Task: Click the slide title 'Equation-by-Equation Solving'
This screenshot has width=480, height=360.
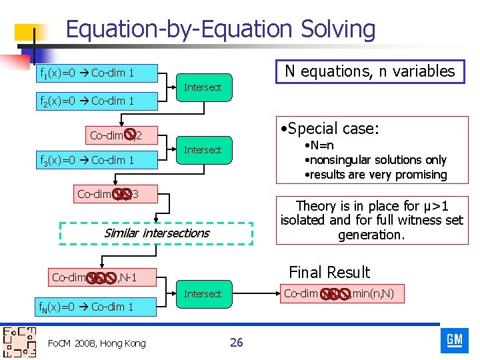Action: pos(221,29)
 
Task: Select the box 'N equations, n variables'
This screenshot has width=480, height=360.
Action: pos(369,71)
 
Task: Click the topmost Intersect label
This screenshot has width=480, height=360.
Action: pos(202,87)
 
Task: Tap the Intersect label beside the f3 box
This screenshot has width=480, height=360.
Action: pos(202,150)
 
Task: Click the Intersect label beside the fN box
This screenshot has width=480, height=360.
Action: pos(202,294)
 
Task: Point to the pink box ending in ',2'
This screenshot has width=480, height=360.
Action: pos(116,136)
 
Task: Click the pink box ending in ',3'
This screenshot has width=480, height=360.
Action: pos(107,194)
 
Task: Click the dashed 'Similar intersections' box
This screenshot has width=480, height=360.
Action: pos(157,233)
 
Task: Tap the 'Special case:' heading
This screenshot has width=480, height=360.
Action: pos(329,129)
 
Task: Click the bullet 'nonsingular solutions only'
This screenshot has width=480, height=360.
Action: pos(375,160)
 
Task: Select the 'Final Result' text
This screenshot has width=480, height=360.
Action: pos(329,272)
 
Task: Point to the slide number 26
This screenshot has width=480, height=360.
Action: pos(236,343)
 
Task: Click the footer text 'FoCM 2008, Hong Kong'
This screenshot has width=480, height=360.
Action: pos(97,343)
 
